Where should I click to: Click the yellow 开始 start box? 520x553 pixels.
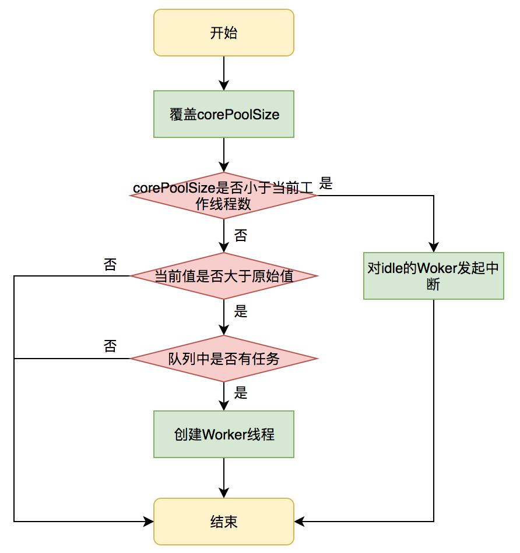[224, 33]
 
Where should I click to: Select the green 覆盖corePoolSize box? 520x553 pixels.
[224, 114]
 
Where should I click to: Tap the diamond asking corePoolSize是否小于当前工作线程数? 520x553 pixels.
[224, 196]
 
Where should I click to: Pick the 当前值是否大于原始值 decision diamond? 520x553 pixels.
[224, 276]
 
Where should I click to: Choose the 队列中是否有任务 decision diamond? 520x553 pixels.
[224, 359]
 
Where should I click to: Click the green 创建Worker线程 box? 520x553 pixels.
[224, 434]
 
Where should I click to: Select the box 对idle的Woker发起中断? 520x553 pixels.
[433, 276]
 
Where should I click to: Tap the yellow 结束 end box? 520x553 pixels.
[224, 522]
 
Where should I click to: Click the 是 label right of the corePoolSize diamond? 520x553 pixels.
[326, 185]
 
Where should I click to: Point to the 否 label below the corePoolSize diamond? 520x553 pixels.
[240, 236]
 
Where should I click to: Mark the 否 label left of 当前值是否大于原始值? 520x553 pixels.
[110, 265]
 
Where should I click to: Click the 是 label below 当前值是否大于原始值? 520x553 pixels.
[241, 311]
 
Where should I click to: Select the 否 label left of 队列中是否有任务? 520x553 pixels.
[110, 347]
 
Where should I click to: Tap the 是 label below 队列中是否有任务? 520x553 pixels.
[241, 393]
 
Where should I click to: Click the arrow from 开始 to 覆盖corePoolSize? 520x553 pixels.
[224, 73]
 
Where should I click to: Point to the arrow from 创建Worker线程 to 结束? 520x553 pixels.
[224, 477]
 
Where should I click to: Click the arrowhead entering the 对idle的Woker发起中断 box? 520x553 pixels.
[434, 247]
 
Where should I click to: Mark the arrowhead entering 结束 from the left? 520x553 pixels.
[149, 522]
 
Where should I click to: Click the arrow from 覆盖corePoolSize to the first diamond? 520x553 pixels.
[224, 154]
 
